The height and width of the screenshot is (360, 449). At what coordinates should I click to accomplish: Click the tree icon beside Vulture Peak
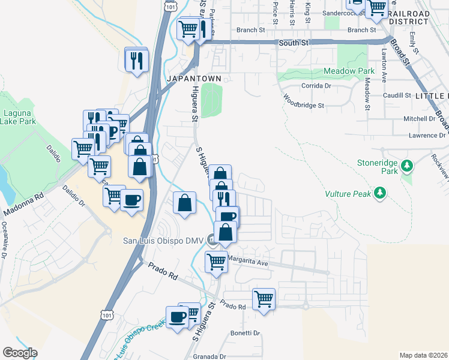(379, 193)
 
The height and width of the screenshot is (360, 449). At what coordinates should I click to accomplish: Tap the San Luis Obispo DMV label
(164, 241)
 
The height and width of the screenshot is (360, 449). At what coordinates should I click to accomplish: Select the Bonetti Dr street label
(244, 333)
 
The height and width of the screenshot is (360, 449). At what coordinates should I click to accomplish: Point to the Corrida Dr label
(316, 86)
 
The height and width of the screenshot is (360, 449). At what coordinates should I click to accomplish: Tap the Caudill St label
(396, 95)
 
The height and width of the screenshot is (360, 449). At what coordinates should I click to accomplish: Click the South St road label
(294, 43)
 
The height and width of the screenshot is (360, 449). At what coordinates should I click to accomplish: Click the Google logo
(20, 353)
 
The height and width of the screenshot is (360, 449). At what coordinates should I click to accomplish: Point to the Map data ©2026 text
(423, 355)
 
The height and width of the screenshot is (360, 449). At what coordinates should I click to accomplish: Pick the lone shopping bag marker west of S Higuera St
(184, 203)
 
